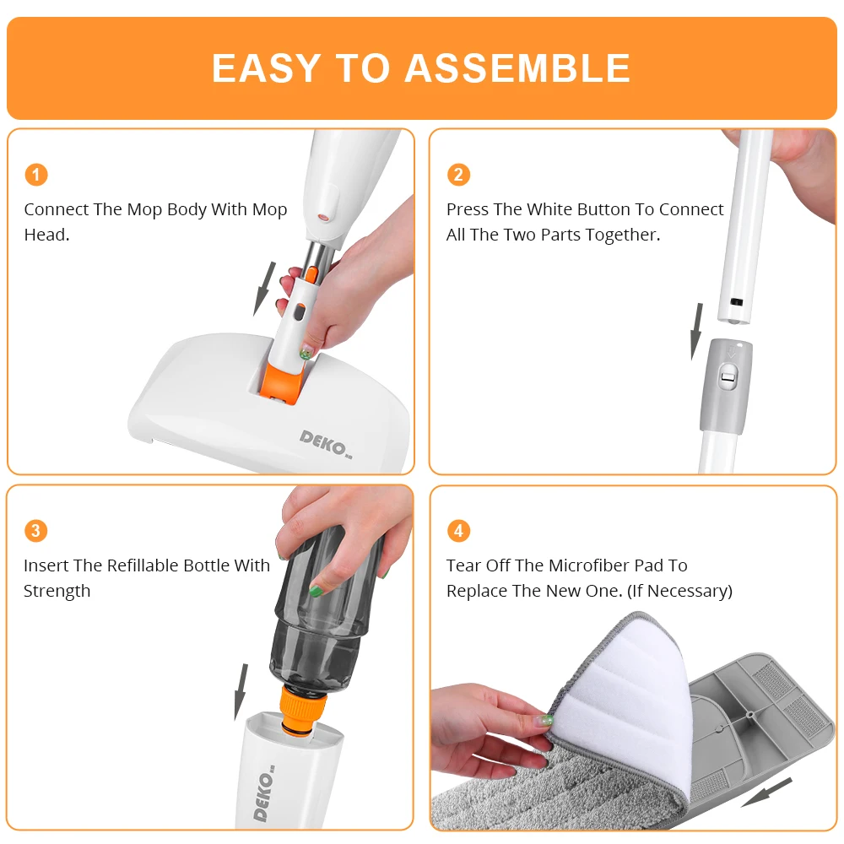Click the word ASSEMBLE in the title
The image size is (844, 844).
(517, 68)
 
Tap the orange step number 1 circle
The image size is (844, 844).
(35, 175)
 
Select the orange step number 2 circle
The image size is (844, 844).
(458, 175)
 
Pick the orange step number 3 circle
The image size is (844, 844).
(35, 531)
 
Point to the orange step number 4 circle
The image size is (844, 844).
(458, 531)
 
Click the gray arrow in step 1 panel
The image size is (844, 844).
(265, 288)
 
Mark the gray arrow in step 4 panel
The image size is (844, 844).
(766, 793)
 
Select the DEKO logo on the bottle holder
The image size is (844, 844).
(264, 794)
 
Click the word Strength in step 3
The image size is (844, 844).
(57, 591)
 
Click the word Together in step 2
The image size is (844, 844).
(617, 235)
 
